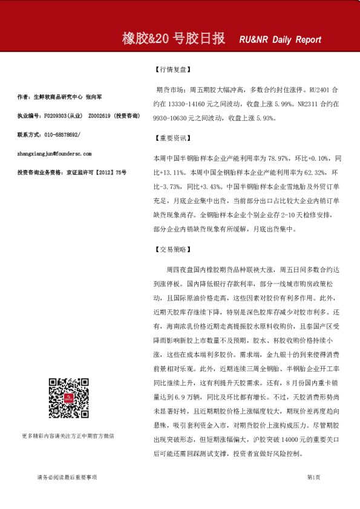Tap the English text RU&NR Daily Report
pyautogui.click(x=280, y=40)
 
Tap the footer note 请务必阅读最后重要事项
pyautogui.click(x=67, y=478)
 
